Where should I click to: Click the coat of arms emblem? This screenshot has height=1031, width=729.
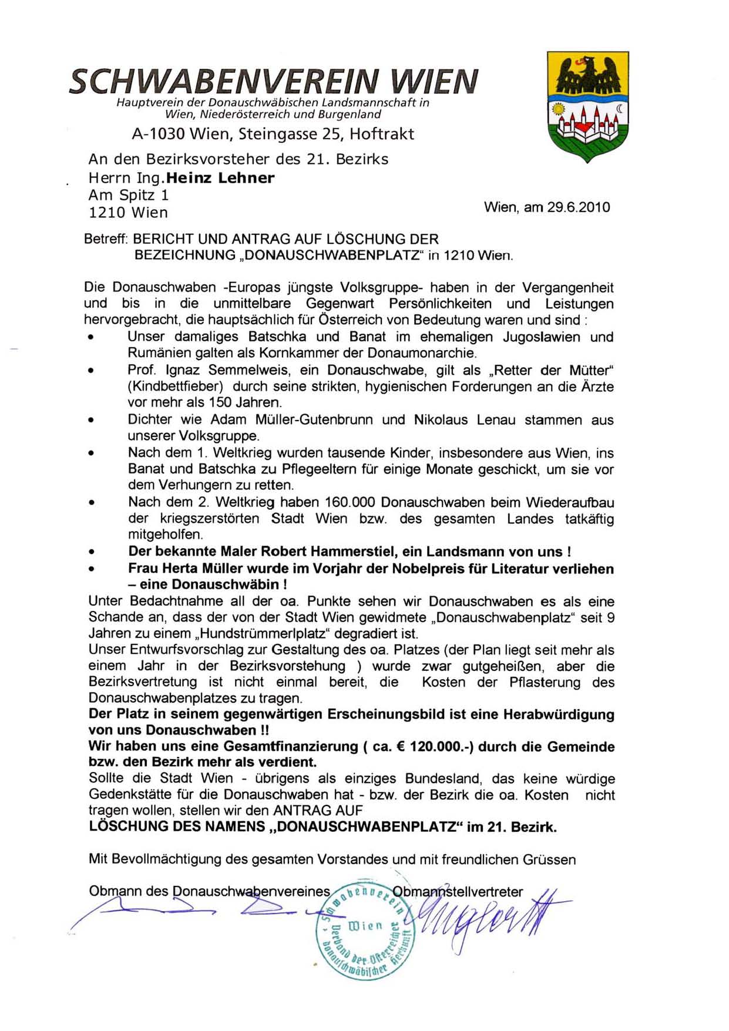coord(587,106)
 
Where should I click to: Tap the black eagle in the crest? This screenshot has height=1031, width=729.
coord(587,73)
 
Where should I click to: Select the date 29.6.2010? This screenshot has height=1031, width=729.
coord(578,207)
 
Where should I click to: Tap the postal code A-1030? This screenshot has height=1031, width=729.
coord(154,134)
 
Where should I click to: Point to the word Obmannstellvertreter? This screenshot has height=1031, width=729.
coord(457,892)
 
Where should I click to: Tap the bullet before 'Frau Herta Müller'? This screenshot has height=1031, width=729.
coord(91,569)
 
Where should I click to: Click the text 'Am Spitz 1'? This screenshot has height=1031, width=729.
coord(129,195)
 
